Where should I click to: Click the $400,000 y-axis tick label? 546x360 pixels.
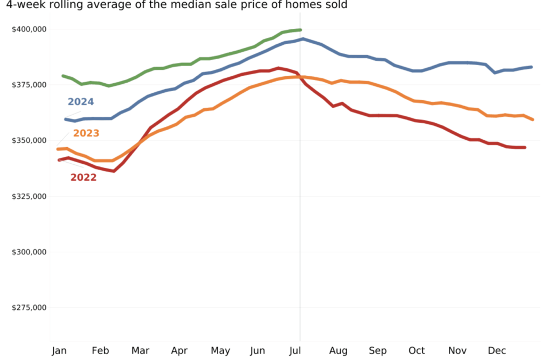pos(29,29)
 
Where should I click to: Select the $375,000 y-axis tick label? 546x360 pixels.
pos(29,85)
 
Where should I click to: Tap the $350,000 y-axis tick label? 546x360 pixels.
pos(29,140)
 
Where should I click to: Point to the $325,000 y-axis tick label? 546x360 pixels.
pos(29,196)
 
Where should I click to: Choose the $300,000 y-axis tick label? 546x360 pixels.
pos(29,252)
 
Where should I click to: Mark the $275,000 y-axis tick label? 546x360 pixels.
pos(29,308)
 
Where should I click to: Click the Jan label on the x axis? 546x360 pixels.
pos(59,350)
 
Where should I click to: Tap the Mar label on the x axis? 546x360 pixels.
pos(140,350)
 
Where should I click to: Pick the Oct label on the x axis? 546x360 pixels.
pos(417,350)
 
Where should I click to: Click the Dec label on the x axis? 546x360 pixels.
pos(497,350)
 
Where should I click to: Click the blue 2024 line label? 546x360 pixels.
pos(81,102)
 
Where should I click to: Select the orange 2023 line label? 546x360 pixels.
pos(86,133)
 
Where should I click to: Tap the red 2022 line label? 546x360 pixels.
pos(84,178)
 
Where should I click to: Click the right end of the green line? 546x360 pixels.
pos(301,30)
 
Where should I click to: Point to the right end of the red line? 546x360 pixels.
pos(525,147)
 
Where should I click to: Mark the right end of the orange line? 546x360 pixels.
pos(533,119)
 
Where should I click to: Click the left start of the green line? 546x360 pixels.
pos(63,76)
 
